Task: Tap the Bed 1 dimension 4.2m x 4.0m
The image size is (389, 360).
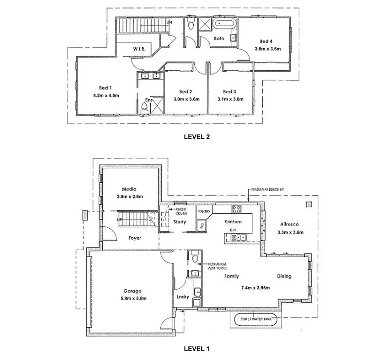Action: pyautogui.click(x=106, y=96)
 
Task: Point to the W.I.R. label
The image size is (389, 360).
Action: pyautogui.click(x=138, y=49)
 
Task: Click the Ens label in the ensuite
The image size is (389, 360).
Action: pyautogui.click(x=148, y=100)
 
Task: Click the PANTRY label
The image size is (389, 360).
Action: pyautogui.click(x=205, y=212)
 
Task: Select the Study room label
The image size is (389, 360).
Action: pyautogui.click(x=179, y=222)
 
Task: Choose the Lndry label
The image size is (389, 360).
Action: pyautogui.click(x=182, y=296)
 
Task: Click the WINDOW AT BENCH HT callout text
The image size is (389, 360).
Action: pyautogui.click(x=269, y=188)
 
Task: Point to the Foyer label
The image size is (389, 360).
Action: pyautogui.click(x=135, y=238)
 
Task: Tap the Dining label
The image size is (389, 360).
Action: pyautogui.click(x=283, y=276)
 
